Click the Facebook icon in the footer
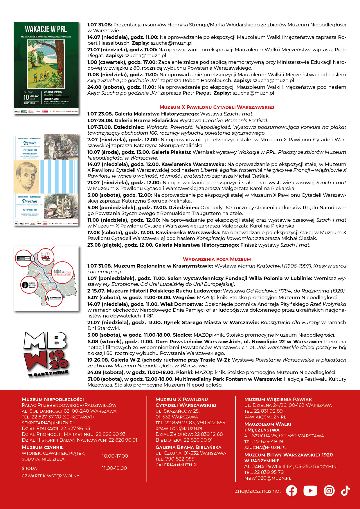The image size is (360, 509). coord(291,491)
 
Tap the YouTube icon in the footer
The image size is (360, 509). coord(310,491)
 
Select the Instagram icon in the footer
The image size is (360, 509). coord(329,491)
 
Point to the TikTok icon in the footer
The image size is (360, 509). coord(345,491)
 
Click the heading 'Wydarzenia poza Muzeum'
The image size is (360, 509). coord(217,259)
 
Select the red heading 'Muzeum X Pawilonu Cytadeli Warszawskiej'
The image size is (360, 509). coord(217,107)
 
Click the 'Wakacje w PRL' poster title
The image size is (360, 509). coord(46,29)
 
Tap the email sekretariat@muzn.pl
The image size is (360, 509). coord(48,423)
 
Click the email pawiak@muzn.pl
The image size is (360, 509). coord(265,417)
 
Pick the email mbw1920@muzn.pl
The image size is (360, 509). coord(267,478)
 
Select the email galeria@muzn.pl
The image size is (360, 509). coord(177,465)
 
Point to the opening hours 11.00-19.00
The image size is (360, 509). coord(114,468)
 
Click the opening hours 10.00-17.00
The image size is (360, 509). coord(115,456)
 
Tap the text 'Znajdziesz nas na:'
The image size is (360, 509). coord(258,491)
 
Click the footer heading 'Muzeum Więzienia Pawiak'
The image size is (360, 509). coord(278,400)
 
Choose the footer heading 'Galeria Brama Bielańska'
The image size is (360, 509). coord(188,447)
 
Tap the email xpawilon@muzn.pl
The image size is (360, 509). coord(179,429)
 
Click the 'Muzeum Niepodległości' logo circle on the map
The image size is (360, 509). coord(62,273)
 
